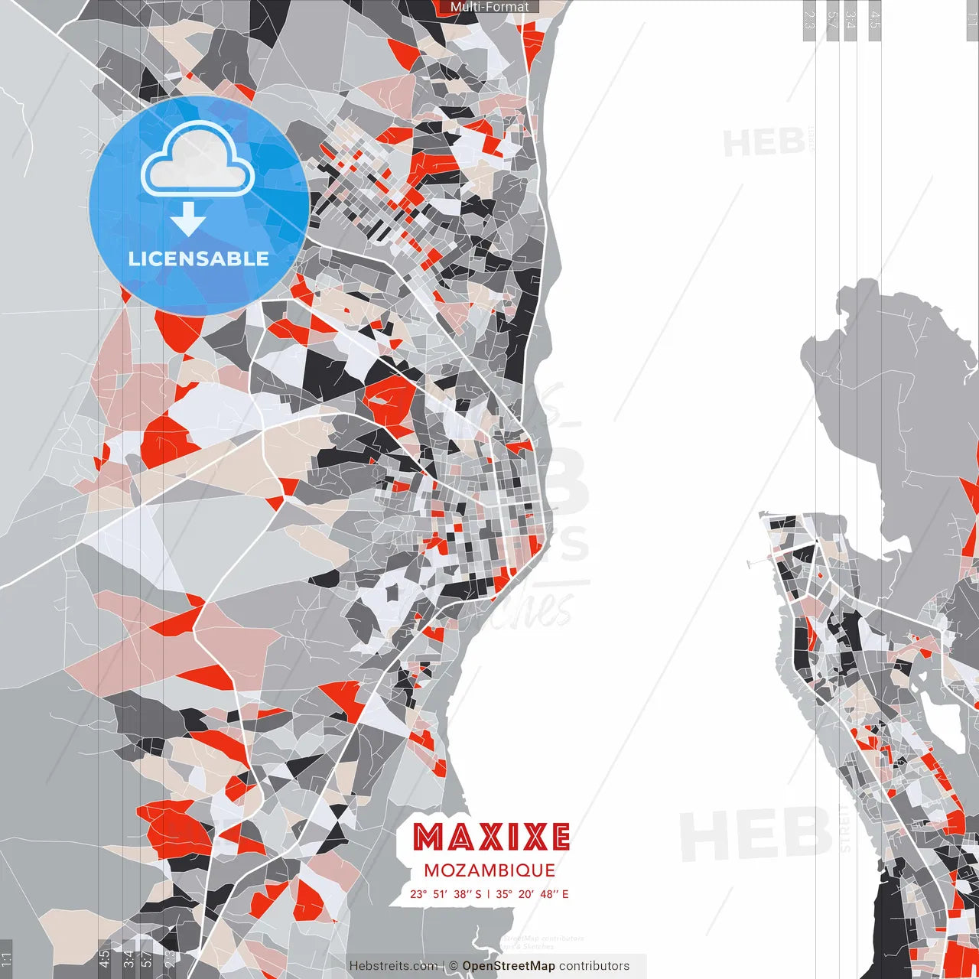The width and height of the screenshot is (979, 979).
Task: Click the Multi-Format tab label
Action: [x=489, y=7]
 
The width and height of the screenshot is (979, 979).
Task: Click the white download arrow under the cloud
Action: [x=188, y=220]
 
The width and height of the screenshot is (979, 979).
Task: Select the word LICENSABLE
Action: [x=199, y=259]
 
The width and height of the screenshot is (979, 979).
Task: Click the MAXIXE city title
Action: [x=491, y=838]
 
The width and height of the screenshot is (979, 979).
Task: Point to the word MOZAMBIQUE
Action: [x=489, y=870]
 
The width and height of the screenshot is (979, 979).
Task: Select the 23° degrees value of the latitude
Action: [x=418, y=893]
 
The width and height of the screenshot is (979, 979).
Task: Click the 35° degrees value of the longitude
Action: [x=504, y=893]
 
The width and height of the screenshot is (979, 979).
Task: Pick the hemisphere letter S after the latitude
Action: [x=479, y=893]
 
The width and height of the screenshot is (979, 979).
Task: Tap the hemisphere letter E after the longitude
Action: [x=565, y=893]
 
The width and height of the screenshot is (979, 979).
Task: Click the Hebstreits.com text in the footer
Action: [x=393, y=966]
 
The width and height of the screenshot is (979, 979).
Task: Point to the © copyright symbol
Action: [x=454, y=966]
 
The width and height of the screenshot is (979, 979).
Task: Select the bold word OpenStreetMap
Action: [x=509, y=966]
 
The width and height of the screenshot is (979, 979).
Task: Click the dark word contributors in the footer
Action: [x=594, y=966]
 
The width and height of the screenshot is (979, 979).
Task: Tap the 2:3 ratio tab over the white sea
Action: [x=808, y=18]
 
